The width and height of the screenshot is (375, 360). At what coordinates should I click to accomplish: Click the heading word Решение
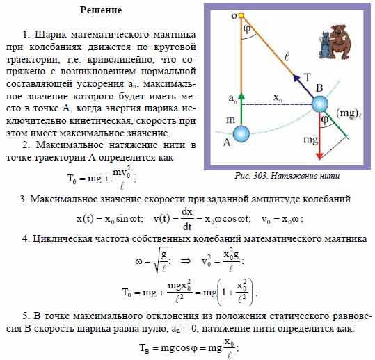click(x=101, y=10)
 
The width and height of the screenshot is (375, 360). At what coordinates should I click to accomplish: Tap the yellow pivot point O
click(x=241, y=15)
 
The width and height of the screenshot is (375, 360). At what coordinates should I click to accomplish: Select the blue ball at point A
click(x=241, y=134)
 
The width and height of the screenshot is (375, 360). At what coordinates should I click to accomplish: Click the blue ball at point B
click(x=320, y=104)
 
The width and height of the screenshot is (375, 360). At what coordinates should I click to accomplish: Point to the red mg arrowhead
click(x=319, y=156)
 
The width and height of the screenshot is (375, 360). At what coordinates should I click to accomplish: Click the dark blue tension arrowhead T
click(x=296, y=79)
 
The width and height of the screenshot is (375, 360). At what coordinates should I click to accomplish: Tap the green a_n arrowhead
click(x=241, y=96)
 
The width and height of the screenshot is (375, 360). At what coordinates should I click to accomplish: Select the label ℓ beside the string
click(x=287, y=57)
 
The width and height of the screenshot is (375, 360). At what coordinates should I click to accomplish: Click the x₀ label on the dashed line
click(x=278, y=98)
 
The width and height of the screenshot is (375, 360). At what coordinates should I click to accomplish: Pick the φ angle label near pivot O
click(x=247, y=29)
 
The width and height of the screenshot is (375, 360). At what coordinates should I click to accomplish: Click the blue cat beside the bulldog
click(x=324, y=45)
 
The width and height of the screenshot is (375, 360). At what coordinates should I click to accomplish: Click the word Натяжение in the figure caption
click(x=290, y=177)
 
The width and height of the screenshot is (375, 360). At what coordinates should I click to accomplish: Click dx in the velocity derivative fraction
click(x=187, y=212)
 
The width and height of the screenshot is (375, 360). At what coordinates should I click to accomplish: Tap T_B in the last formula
click(x=145, y=347)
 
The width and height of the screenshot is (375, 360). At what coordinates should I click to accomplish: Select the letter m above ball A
click(x=230, y=120)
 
